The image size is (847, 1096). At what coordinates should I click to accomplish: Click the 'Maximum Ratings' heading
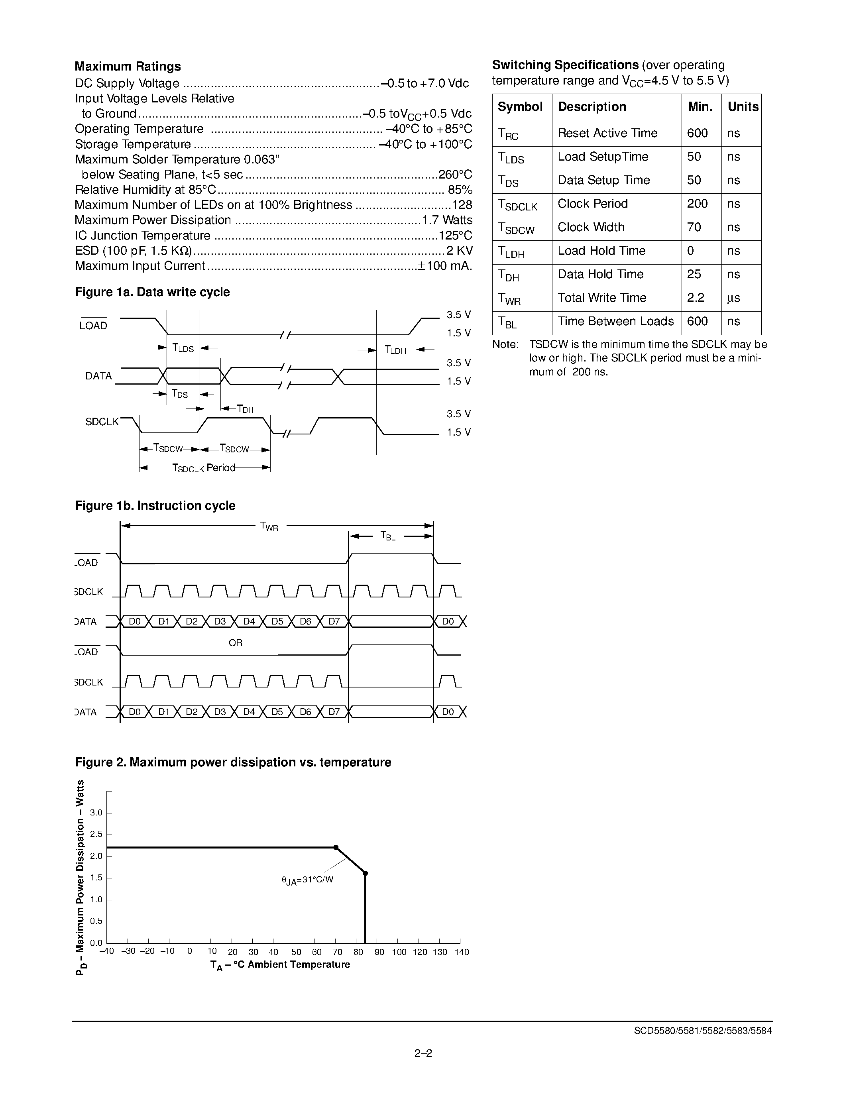(x=128, y=66)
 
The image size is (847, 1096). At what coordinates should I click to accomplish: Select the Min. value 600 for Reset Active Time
(x=697, y=134)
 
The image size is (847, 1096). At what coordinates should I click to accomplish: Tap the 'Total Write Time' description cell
(x=601, y=298)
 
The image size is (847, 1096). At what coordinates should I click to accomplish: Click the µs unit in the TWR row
(x=733, y=298)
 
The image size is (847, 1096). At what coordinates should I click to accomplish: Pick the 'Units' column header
(x=743, y=107)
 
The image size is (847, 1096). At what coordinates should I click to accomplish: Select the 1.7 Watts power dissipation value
(x=447, y=220)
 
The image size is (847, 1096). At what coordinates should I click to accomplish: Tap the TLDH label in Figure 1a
(x=395, y=350)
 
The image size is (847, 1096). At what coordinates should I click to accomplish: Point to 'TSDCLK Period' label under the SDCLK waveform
(x=204, y=468)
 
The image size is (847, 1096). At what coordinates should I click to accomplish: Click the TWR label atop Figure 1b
(x=269, y=526)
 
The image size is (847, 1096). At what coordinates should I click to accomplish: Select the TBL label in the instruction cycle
(x=388, y=536)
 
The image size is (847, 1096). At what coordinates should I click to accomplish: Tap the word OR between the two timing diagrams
(x=235, y=643)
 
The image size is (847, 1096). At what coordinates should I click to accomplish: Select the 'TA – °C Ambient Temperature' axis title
(x=279, y=965)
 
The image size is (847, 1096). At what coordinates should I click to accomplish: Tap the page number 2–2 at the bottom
(x=423, y=1054)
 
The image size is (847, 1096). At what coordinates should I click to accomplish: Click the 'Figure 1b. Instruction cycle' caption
(x=155, y=506)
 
